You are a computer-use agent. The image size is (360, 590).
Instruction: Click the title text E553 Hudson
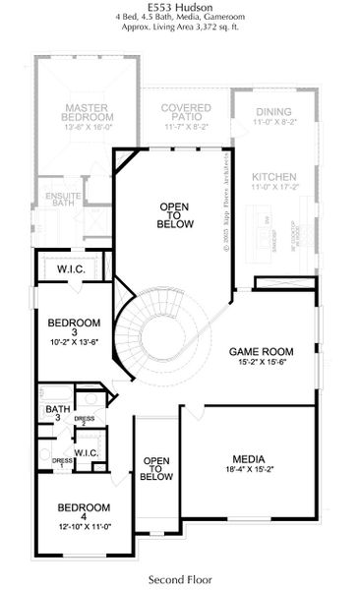pos(179,7)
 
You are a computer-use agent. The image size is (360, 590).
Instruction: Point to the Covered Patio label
pos(186,111)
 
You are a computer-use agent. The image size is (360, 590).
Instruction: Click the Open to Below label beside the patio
pos(172,215)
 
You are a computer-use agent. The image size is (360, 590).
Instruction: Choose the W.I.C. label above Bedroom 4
pos(86,453)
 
